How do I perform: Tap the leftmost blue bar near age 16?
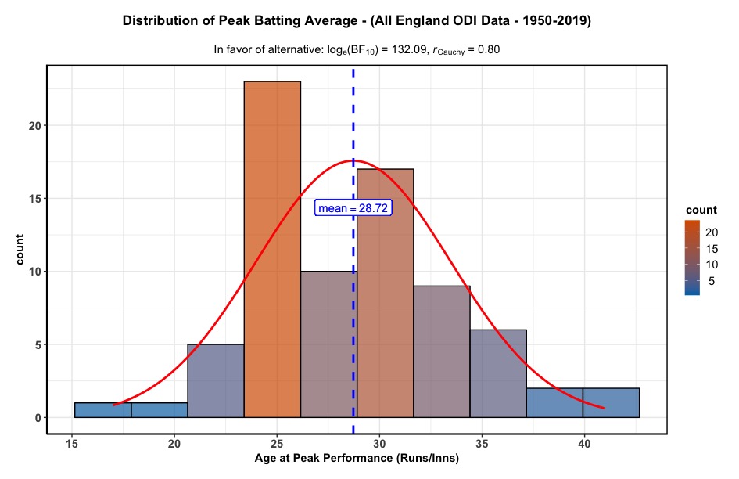click(x=102, y=410)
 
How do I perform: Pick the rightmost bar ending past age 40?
click(x=611, y=402)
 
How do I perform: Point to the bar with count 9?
click(x=442, y=351)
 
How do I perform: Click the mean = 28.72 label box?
click(x=353, y=207)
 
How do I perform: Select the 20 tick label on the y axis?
click(x=34, y=125)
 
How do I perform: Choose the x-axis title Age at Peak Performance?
click(x=356, y=459)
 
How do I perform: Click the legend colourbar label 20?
click(x=712, y=232)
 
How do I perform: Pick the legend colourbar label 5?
click(x=711, y=281)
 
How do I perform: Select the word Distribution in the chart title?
click(x=160, y=21)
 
